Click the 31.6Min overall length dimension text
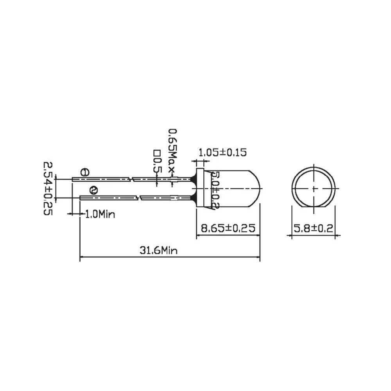coord(158,250)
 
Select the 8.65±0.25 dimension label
coord(227,228)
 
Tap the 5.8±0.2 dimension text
coord(314,228)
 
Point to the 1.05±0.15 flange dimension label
coord(222,152)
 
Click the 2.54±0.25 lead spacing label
coord(47,188)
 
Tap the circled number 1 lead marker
coord(84,172)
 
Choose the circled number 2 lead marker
coord(93,190)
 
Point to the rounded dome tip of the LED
coord(258,188)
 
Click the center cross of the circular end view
coord(314,188)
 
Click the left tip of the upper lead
coord(73,179)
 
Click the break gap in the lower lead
coord(139,198)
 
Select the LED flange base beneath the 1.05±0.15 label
coord(199,188)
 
